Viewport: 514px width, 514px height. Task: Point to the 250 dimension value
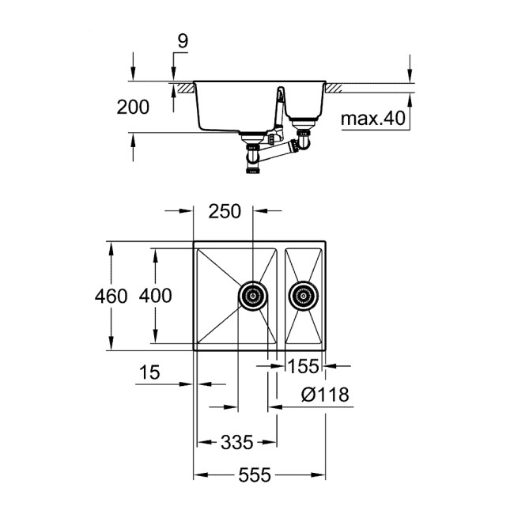[225, 212]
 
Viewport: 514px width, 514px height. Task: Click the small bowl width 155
[303, 366]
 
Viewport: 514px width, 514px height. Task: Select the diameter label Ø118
[324, 394]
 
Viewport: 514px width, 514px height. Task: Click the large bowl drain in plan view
[253, 297]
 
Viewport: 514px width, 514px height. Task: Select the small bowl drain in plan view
[302, 297]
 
